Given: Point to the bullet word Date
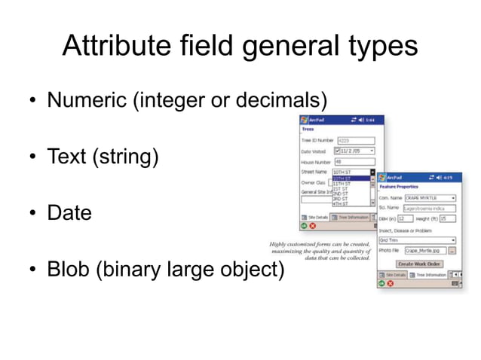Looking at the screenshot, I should [69, 214].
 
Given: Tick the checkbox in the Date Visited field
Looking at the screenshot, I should [337, 151].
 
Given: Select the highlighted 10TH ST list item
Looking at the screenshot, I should [351, 178].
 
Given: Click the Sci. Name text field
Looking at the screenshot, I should [430, 208].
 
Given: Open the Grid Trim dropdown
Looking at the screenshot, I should [416, 239].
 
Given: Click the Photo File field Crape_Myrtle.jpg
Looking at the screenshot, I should [424, 250].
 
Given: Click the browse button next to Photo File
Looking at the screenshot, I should [452, 250].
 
